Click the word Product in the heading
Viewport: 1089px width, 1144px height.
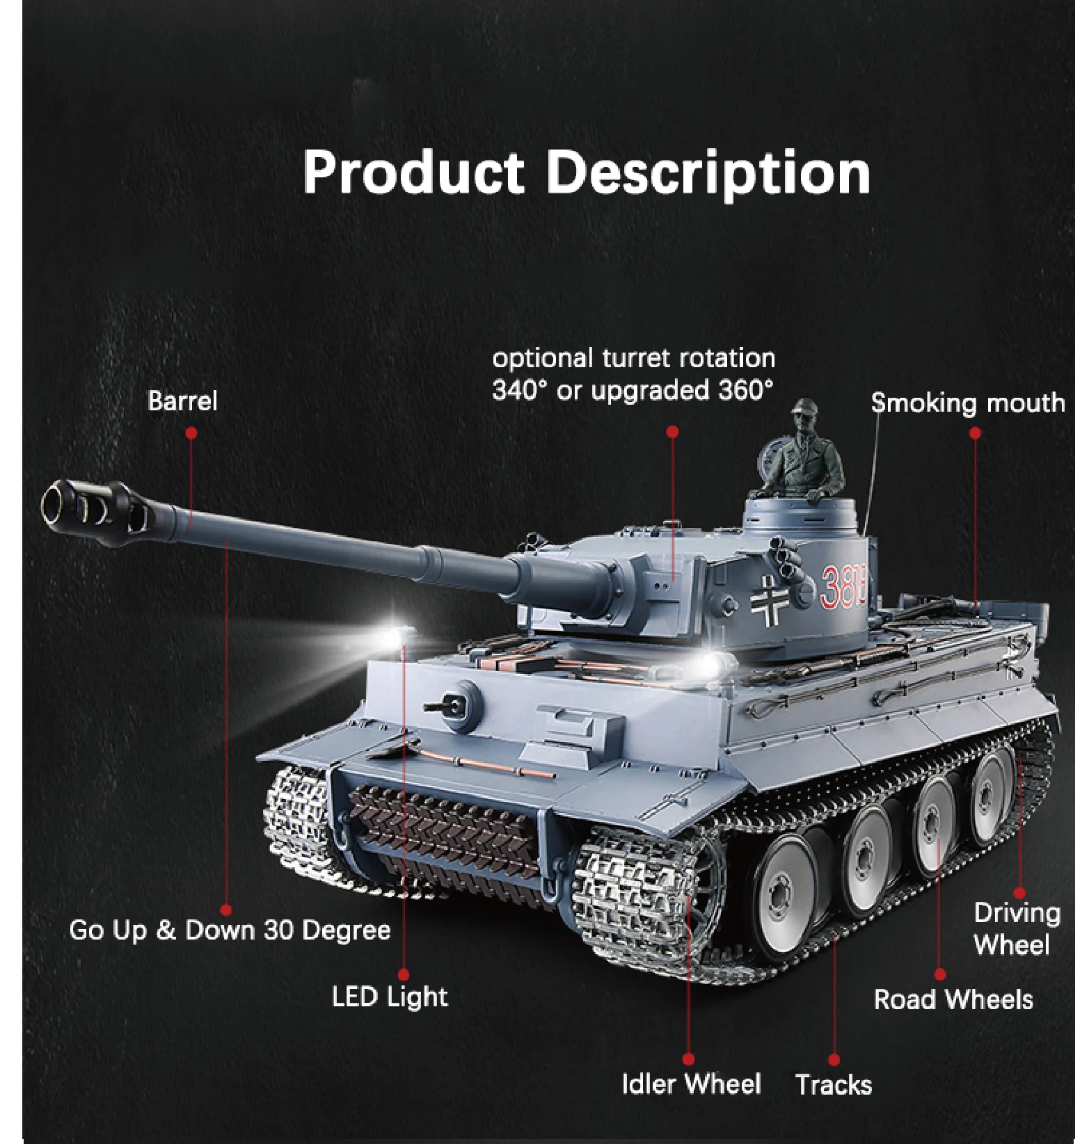pyautogui.click(x=413, y=173)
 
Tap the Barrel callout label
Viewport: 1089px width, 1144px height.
pyautogui.click(x=182, y=401)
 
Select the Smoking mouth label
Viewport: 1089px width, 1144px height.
pyautogui.click(x=968, y=403)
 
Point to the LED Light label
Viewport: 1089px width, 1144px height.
pyautogui.click(x=390, y=997)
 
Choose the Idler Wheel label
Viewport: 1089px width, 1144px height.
pyautogui.click(x=691, y=1083)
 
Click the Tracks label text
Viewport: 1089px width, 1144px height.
pyautogui.click(x=834, y=1084)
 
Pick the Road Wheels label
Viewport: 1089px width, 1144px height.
pyautogui.click(x=953, y=999)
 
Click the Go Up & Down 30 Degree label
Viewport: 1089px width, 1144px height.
pyautogui.click(x=230, y=930)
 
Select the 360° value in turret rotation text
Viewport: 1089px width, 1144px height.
pyautogui.click(x=745, y=390)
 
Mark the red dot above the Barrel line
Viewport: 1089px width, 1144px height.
pyautogui.click(x=191, y=433)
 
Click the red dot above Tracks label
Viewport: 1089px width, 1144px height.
pyautogui.click(x=834, y=1060)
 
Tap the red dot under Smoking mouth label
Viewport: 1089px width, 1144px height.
pyautogui.click(x=975, y=433)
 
